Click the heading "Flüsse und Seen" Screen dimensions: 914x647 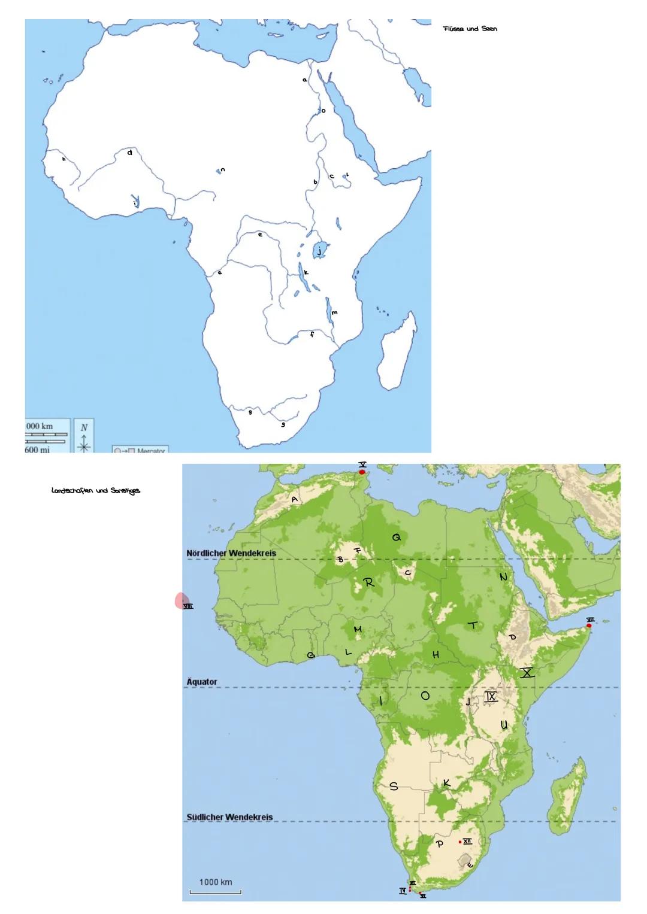tap(470, 29)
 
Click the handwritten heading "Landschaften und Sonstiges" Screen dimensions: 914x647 tap(96, 491)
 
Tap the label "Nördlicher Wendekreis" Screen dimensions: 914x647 tap(231, 553)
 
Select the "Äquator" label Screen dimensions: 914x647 tap(202, 682)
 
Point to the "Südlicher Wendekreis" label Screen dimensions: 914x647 tap(229, 817)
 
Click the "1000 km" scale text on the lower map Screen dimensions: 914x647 tap(216, 882)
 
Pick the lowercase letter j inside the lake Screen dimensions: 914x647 tap(320, 251)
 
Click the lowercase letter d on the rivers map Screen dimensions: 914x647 tap(129, 153)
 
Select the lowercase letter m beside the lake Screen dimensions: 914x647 tap(334, 312)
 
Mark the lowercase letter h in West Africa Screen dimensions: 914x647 tap(63, 160)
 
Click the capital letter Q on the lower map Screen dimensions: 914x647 tap(397, 538)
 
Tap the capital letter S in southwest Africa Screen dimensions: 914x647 tap(394, 787)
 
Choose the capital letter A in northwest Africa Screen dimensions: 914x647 tap(294, 499)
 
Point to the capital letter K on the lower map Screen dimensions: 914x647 tap(446, 783)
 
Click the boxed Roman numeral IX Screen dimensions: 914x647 tap(491, 697)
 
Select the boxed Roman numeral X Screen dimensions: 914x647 tap(527, 673)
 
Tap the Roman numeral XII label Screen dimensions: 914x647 tap(467, 841)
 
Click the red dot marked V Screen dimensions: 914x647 tap(362, 472)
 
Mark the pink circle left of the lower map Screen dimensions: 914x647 tap(182, 600)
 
